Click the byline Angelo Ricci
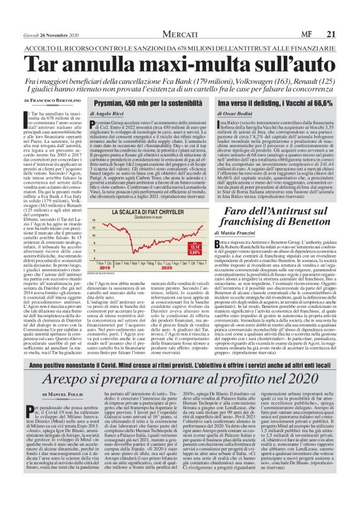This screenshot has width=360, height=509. coord(107,115)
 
